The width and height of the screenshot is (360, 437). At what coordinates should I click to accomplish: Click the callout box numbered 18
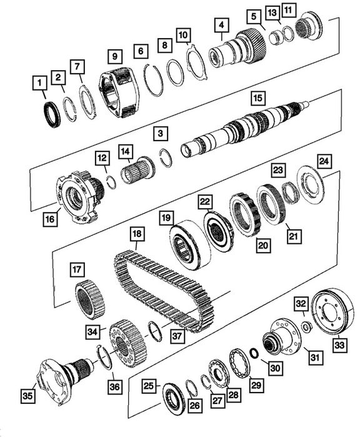pyautogui.click(x=136, y=234)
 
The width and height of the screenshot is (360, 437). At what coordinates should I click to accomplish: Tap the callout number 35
pyautogui.click(x=27, y=396)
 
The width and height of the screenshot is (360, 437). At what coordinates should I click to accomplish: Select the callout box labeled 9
pyautogui.click(x=115, y=57)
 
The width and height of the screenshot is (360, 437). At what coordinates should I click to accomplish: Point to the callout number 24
pyautogui.click(x=324, y=161)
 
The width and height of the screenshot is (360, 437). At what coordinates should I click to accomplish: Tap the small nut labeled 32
pyautogui.click(x=307, y=326)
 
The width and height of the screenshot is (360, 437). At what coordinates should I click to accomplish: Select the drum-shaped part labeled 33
pyautogui.click(x=332, y=310)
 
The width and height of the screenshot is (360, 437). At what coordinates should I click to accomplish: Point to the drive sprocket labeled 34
pyautogui.click(x=128, y=344)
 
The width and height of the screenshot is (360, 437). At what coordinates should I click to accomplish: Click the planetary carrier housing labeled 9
pyautogui.click(x=119, y=92)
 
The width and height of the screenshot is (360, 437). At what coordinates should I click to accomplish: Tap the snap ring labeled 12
pyautogui.click(x=112, y=183)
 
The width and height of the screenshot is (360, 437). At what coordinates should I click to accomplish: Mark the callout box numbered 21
pyautogui.click(x=293, y=236)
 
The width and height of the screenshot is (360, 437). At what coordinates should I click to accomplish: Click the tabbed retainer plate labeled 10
pyautogui.click(x=197, y=61)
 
